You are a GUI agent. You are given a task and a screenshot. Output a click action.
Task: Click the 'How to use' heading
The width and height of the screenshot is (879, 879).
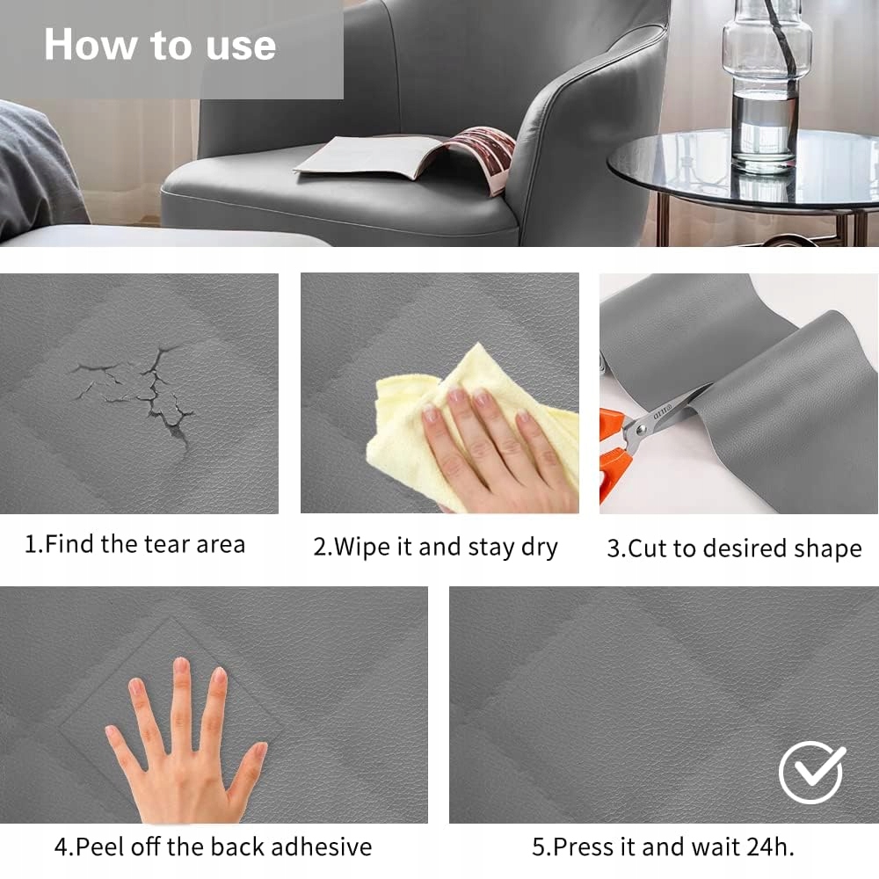click(160, 45)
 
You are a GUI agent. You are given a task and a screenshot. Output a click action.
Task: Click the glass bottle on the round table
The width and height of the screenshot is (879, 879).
click(766, 84)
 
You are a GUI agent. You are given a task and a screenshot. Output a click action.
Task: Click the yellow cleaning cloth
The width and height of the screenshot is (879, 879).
click(471, 426)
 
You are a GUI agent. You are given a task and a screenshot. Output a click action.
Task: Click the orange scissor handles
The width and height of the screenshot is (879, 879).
click(614, 455)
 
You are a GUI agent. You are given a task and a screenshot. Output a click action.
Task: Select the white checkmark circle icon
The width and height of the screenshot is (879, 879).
click(811, 773)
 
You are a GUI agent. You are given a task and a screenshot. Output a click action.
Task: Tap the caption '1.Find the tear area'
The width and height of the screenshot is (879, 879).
click(134, 544)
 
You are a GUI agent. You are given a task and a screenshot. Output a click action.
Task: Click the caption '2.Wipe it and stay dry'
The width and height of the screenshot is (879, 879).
click(436, 547)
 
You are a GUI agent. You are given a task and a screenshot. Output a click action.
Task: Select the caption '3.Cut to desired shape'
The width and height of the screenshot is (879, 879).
click(734, 548)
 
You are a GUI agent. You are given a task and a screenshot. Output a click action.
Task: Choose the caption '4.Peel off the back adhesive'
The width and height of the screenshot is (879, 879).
click(213, 846)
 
